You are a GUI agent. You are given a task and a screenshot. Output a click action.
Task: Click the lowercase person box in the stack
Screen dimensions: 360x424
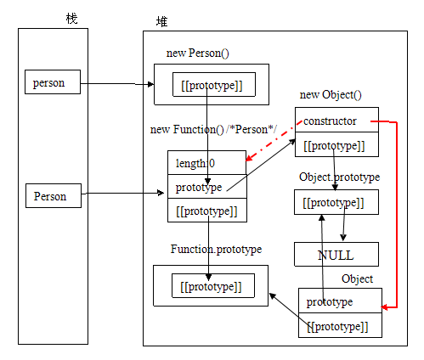point(55,83)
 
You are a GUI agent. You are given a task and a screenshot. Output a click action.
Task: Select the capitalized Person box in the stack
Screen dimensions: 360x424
point(55,196)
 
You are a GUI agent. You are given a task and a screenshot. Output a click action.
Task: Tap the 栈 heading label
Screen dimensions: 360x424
point(71,19)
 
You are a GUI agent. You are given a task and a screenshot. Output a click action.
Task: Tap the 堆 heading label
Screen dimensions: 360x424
point(161,21)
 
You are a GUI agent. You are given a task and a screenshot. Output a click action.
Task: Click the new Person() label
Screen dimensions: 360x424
point(197,53)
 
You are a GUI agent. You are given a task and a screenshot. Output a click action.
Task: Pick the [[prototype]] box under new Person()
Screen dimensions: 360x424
point(206,85)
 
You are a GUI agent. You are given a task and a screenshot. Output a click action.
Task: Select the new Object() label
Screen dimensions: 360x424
point(331,94)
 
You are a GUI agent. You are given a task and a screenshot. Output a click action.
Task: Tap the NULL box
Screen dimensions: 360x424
point(336,255)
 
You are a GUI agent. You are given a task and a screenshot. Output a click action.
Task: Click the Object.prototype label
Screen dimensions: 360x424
point(339,177)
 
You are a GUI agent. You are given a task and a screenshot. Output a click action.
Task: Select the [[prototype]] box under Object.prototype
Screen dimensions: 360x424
point(336,202)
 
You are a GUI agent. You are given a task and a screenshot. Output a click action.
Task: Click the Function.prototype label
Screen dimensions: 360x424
point(216,249)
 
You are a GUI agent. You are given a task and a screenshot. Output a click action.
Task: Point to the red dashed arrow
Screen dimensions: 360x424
point(272,142)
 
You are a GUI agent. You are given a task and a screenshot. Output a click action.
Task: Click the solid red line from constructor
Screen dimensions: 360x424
point(397,212)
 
